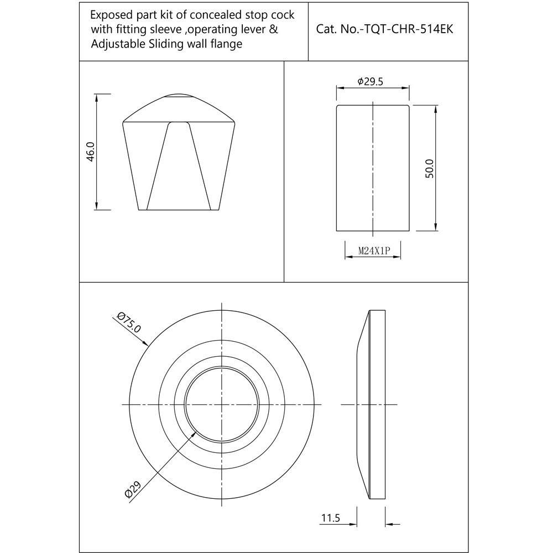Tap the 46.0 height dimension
(x=91, y=152)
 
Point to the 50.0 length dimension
(x=430, y=168)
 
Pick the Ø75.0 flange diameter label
(x=130, y=322)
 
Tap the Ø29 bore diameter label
(x=133, y=490)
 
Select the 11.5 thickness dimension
(x=330, y=518)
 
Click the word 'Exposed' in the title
(x=109, y=15)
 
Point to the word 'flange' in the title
(x=225, y=44)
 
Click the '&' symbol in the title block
(x=273, y=30)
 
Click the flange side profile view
(x=372, y=405)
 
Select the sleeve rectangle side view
(x=373, y=168)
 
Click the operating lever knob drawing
(x=180, y=160)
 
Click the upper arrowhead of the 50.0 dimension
(x=436, y=108)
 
